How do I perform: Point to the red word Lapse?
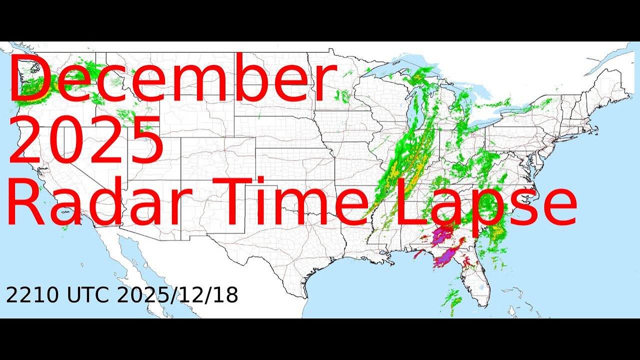coord(485,202)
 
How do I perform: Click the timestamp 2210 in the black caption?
coord(33,296)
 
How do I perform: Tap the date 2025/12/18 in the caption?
coord(177,296)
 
